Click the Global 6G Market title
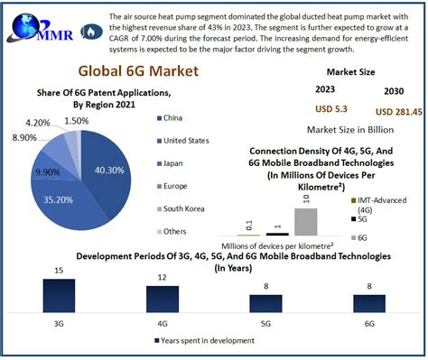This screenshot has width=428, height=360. point(133,70)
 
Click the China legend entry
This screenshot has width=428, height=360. point(174,117)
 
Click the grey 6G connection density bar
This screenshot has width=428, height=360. point(306,221)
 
